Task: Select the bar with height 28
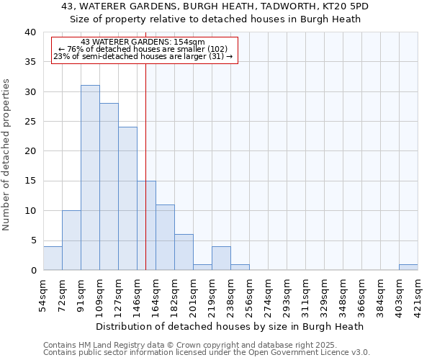click(109, 186)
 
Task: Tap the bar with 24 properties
click(127, 199)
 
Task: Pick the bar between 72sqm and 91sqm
click(71, 240)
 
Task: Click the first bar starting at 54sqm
click(53, 258)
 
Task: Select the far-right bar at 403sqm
click(408, 267)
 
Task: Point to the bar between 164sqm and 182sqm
click(165, 238)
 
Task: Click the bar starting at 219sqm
click(221, 258)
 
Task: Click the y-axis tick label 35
click(30, 62)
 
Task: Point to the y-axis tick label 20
click(30, 151)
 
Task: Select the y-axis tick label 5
click(32, 240)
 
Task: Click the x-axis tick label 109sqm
click(100, 295)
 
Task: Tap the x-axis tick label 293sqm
click(287, 295)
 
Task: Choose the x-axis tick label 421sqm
click(418, 295)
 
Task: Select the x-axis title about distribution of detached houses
click(230, 326)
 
